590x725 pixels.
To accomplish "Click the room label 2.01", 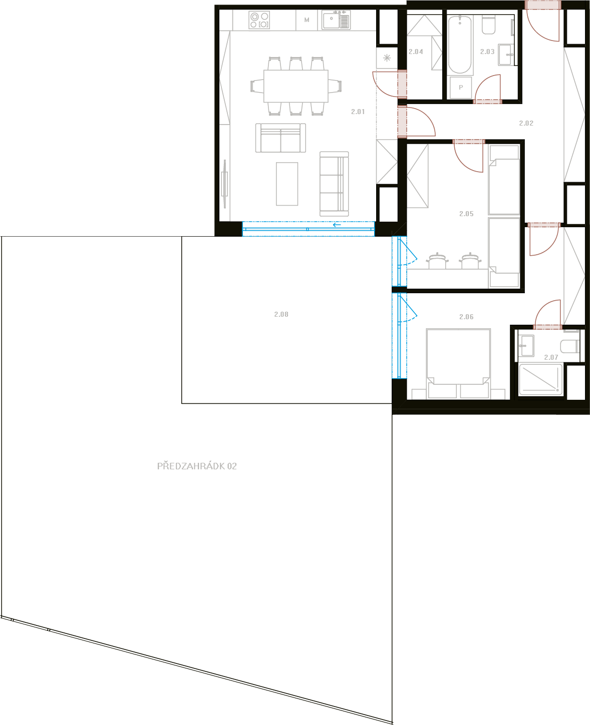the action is [x=358, y=112].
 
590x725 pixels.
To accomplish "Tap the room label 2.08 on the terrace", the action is [x=281, y=314].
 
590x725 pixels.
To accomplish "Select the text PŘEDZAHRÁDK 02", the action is [x=197, y=466].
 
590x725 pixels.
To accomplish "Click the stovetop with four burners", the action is [x=259, y=20].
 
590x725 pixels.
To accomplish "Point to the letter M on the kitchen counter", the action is [x=307, y=20].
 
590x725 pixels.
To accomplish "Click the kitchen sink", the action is [x=336, y=20].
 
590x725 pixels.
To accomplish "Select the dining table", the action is [x=296, y=86].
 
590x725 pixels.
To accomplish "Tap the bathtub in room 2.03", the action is [x=460, y=44].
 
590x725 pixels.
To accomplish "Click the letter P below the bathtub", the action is [x=461, y=88].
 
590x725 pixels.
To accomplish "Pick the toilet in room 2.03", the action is [x=488, y=26].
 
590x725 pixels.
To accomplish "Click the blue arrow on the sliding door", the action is [x=337, y=225].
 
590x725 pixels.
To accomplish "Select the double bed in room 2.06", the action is [x=458, y=364].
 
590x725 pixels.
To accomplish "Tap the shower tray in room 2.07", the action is [x=540, y=380].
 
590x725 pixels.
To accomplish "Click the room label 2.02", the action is [x=526, y=123].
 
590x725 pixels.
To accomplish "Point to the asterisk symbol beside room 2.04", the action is [x=387, y=58].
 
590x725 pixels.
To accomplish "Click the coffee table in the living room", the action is [x=287, y=184].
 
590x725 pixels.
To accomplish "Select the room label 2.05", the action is [x=466, y=214].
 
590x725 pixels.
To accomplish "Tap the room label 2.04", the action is [x=416, y=52].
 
